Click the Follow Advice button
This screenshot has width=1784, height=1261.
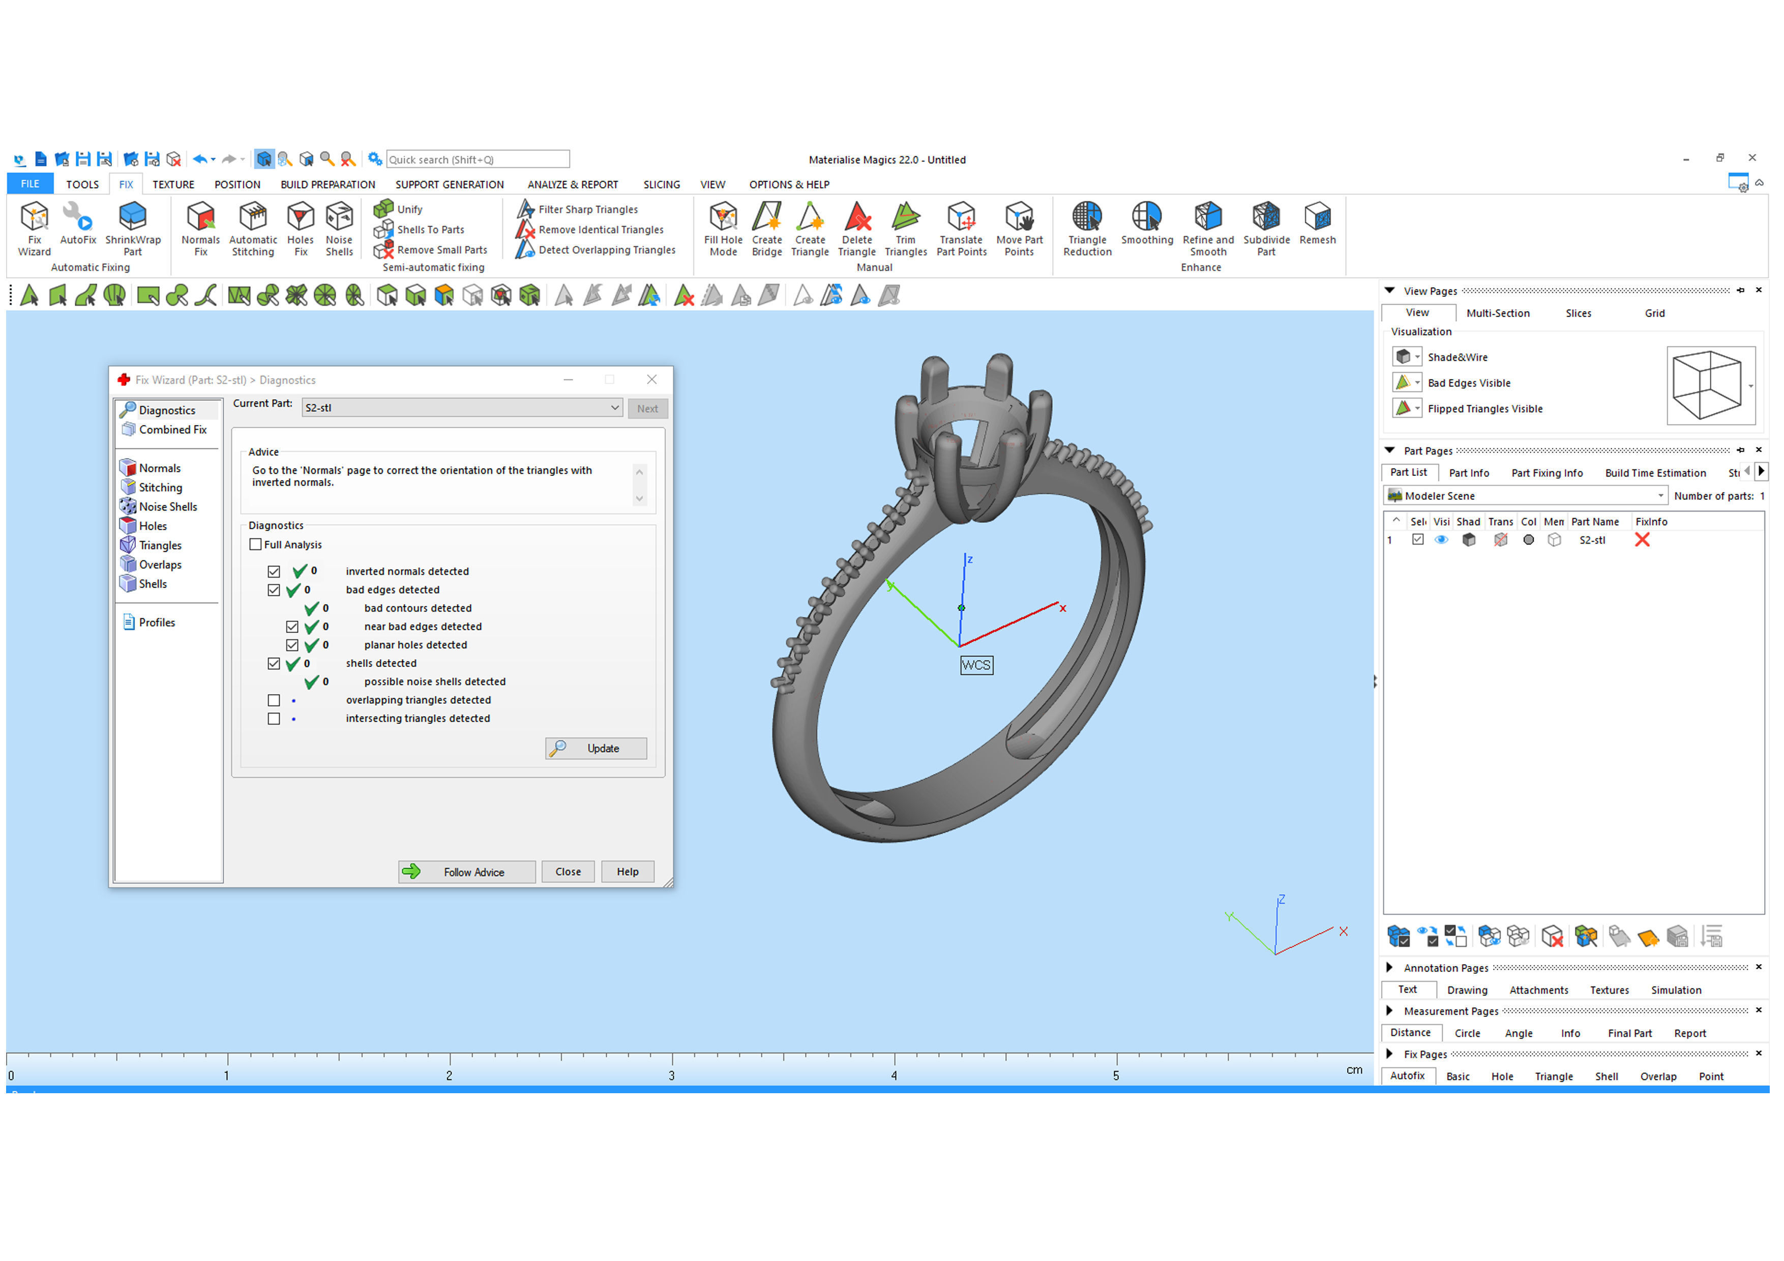[x=466, y=872]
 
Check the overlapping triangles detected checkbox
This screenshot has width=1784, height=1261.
[x=274, y=700]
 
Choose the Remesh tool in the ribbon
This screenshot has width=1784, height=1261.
[x=1317, y=224]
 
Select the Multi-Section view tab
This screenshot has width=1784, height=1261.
[x=1497, y=313]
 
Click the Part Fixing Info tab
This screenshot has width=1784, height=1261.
[x=1546, y=473]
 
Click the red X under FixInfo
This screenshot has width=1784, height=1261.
[x=1642, y=540]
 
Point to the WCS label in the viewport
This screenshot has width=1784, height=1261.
[x=976, y=665]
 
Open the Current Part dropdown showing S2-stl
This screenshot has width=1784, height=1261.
[x=462, y=408]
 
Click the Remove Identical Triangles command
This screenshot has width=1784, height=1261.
[x=600, y=230]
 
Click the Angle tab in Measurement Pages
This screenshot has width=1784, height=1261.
[x=1518, y=1033]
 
